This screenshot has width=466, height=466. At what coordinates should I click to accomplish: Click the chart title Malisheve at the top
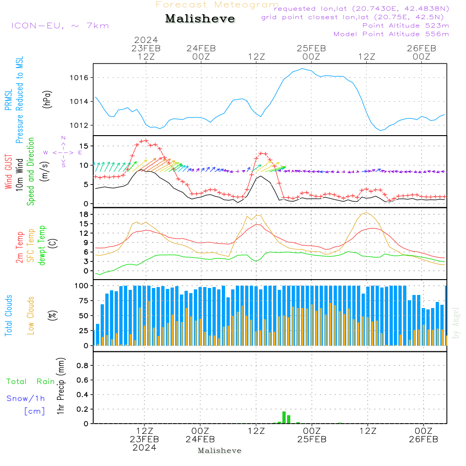200,19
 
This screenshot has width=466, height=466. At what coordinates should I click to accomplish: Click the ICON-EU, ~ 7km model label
60,26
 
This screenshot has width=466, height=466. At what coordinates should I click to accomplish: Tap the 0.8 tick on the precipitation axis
82,366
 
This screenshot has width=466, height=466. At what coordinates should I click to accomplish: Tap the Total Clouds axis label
9,315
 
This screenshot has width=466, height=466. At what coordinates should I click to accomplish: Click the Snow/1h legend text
26,398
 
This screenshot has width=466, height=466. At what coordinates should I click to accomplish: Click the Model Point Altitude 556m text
391,34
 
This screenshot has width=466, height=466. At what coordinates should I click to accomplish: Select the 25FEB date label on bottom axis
311,439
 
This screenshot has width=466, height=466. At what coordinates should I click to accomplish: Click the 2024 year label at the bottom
144,448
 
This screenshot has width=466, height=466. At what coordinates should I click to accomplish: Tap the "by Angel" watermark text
456,323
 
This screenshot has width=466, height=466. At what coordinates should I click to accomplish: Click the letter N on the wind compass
63,138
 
